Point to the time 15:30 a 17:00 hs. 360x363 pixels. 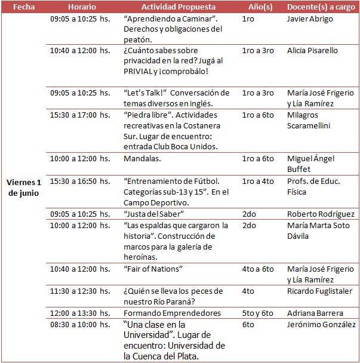(80, 115)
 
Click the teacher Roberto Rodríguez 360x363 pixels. (321, 214)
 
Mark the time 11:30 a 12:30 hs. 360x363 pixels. (80, 291)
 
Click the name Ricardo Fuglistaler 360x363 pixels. (319, 291)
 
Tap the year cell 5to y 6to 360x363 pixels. (257, 313)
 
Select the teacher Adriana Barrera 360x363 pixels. (315, 313)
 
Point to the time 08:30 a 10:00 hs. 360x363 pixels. (80, 324)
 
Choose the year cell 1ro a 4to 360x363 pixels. (257, 180)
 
